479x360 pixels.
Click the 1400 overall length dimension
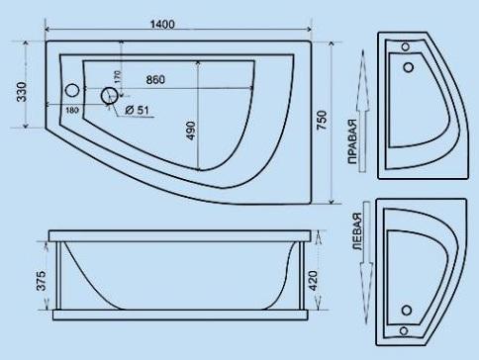(x=162, y=24)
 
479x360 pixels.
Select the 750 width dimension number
(x=322, y=121)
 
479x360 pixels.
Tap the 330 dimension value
(x=22, y=91)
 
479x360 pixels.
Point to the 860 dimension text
(x=155, y=79)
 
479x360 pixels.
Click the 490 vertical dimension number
(x=191, y=131)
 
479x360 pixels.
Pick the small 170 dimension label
(x=118, y=77)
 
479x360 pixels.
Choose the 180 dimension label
(x=72, y=110)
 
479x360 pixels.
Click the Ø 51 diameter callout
(x=138, y=110)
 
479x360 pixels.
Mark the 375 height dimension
(x=41, y=281)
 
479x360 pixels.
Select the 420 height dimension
(x=312, y=281)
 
